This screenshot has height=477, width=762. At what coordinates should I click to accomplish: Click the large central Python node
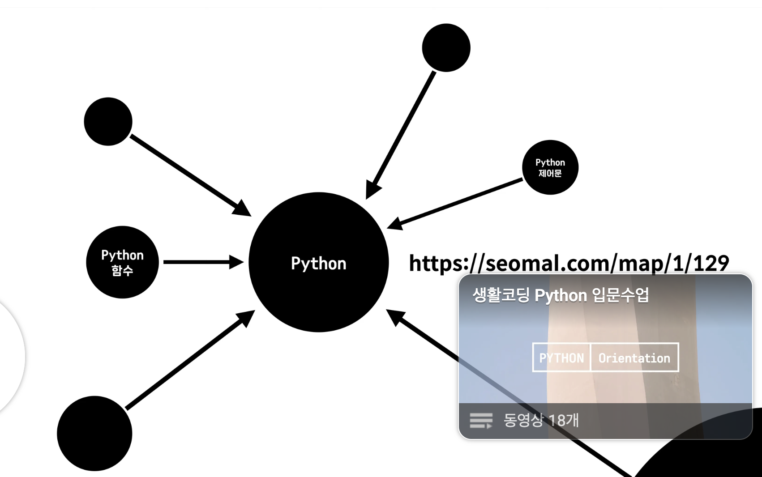[318, 262]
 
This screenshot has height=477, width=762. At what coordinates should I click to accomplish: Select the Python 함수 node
[122, 262]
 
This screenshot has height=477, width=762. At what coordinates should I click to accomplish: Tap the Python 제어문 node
[550, 167]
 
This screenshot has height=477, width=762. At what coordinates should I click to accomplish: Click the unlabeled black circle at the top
[446, 48]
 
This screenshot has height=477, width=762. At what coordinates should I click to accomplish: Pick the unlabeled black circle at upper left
[108, 122]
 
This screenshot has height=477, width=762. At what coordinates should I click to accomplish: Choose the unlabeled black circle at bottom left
[94, 433]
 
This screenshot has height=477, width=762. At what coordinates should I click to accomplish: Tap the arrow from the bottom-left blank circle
[188, 361]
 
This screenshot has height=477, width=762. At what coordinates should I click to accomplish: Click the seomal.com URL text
[569, 263]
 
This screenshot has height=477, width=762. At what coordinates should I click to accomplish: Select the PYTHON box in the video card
[561, 358]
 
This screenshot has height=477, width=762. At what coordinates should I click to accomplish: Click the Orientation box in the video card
[634, 358]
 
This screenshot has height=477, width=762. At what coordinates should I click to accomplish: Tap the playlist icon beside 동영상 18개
[481, 421]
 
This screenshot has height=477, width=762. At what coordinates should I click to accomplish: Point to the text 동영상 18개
[541, 420]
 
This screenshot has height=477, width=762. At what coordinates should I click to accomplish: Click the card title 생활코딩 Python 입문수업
[561, 295]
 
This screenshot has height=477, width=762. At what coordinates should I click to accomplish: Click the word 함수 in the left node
[122, 270]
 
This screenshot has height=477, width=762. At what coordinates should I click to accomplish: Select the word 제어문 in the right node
[550, 173]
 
